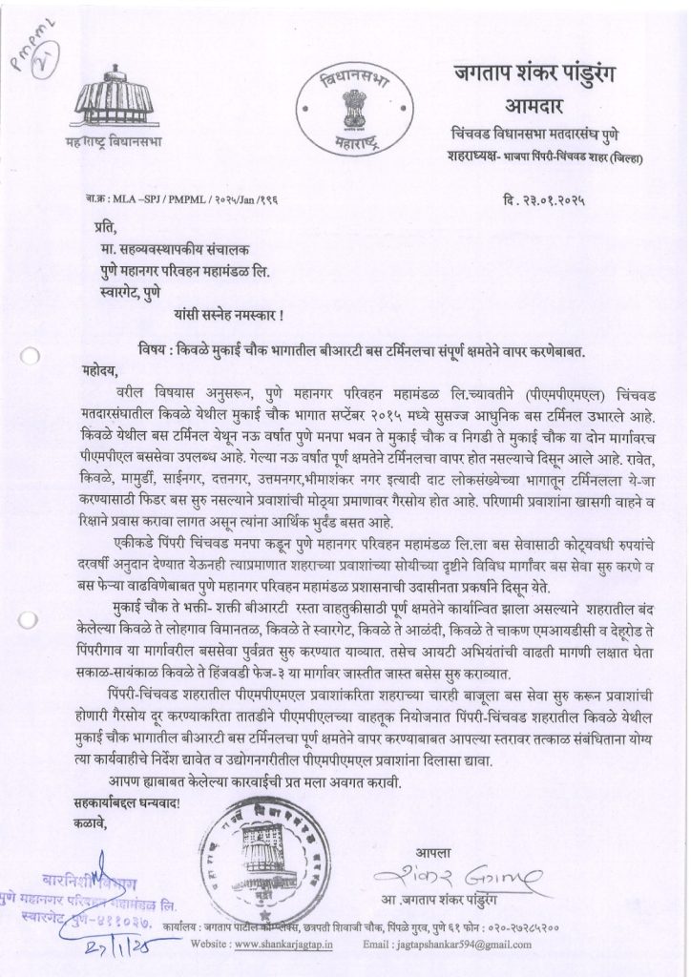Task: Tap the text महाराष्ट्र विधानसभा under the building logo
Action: coord(106,144)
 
